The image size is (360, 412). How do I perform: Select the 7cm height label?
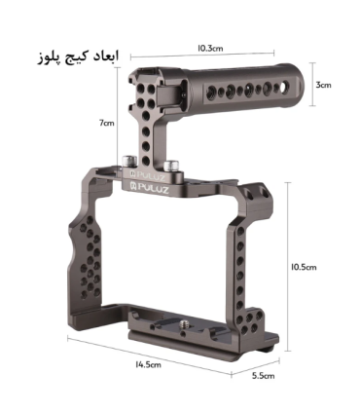pos(107,123)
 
